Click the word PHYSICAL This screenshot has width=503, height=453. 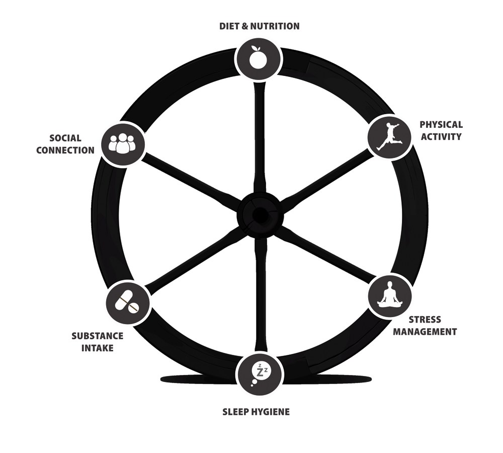tap(441, 125)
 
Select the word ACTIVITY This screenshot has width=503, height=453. tap(441, 136)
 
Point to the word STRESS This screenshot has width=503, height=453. tap(425, 320)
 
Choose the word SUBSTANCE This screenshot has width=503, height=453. tap(97, 335)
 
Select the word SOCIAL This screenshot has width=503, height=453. tap(65, 138)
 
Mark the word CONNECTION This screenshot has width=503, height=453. tap(65, 150)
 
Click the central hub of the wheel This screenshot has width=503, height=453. tap(260, 215)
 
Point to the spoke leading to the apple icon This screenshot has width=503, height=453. tap(260, 136)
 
